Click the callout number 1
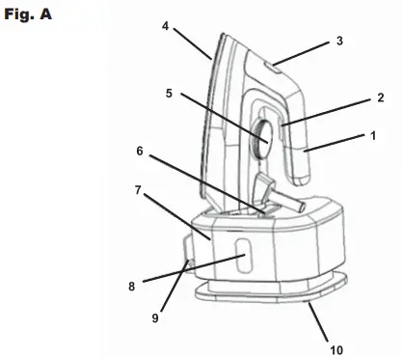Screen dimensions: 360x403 pyautogui.click(x=373, y=137)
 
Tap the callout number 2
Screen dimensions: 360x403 pyautogui.click(x=380, y=97)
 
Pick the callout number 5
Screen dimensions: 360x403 pyautogui.click(x=169, y=94)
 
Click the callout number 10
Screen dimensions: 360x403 pyautogui.click(x=336, y=347)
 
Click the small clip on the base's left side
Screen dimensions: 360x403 pyautogui.click(x=186, y=258)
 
